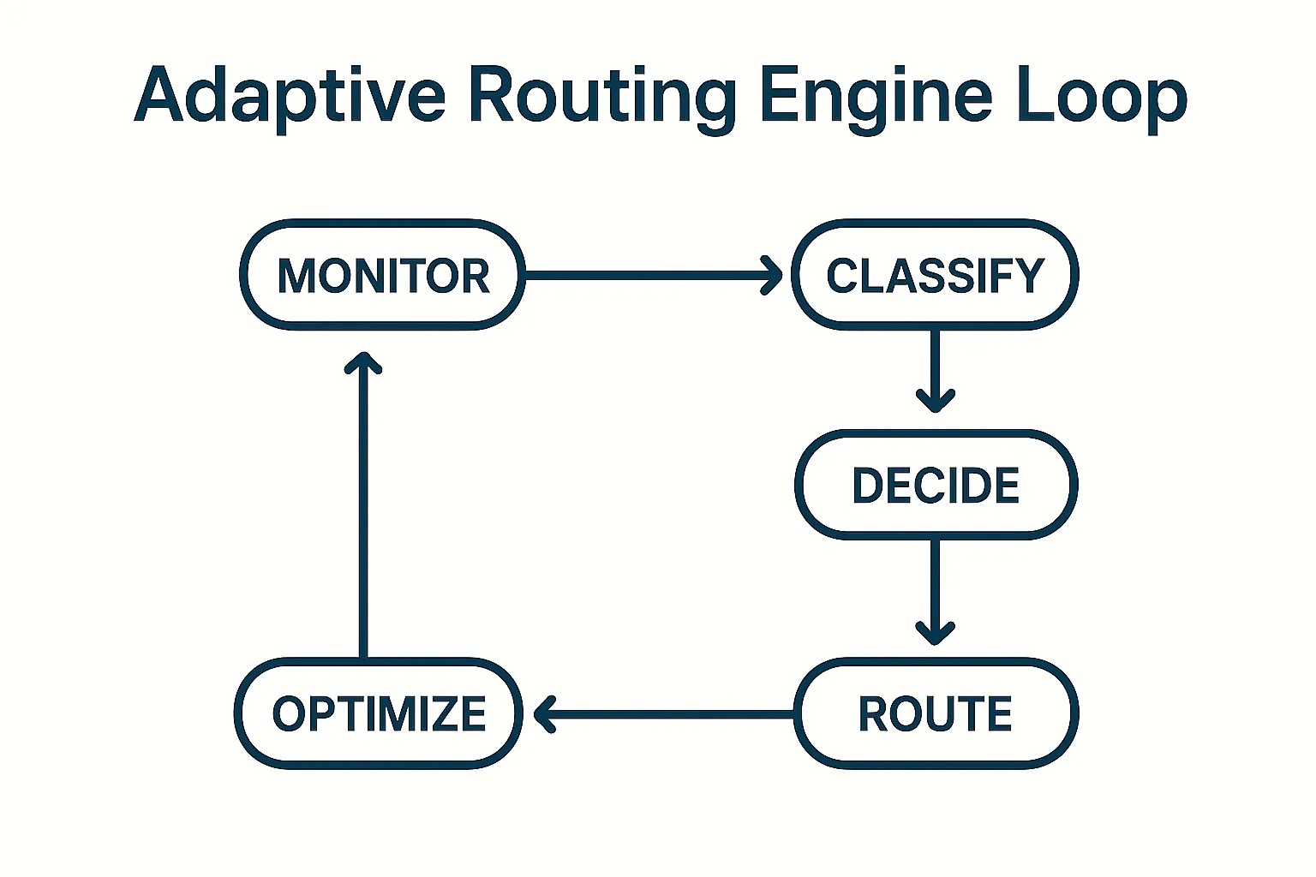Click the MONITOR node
pos(382,275)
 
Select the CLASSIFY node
pos(935,275)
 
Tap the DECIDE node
pos(936,485)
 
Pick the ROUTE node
pos(936,713)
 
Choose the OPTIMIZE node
pos(379,713)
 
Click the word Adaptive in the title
pos(290,96)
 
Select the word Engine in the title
pos(875,96)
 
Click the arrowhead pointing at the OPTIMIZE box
pos(545,713)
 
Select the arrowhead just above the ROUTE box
pos(936,634)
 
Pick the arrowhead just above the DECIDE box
pos(936,402)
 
